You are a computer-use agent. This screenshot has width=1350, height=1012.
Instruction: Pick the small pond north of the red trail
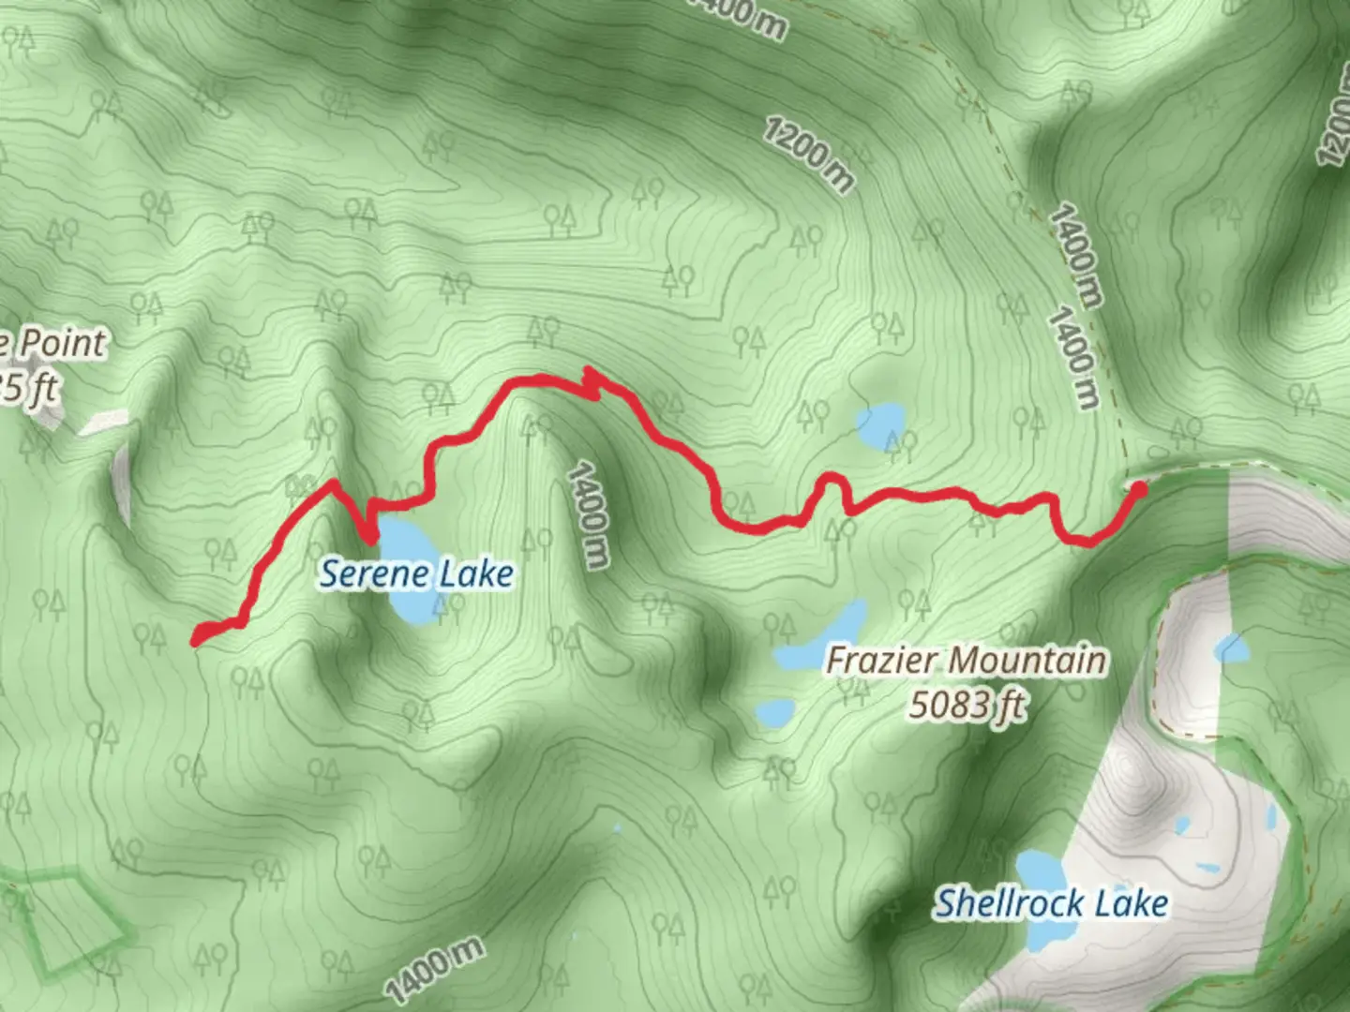coord(881,424)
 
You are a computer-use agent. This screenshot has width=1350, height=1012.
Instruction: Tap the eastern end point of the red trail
coord(1139,487)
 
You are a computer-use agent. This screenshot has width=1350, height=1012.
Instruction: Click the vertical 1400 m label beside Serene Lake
coord(588,515)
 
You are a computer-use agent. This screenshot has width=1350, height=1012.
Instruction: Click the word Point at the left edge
coord(62,343)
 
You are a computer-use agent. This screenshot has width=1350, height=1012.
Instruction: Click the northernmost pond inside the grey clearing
coord(1232,647)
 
